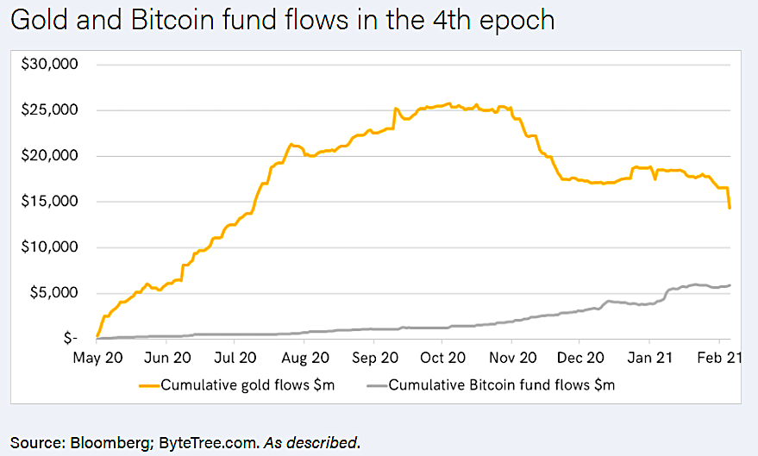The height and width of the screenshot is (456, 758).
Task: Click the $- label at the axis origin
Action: coord(74,339)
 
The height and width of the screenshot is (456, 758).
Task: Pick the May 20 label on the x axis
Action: coord(97,358)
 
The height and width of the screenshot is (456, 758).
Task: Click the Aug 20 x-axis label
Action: coord(304,358)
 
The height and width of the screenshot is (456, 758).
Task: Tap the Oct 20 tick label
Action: coord(443,358)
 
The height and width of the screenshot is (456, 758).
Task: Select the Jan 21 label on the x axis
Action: coord(650,358)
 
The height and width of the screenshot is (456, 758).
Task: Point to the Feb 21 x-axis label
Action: coord(716,358)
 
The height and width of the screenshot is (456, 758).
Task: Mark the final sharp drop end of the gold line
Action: coord(730,208)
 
